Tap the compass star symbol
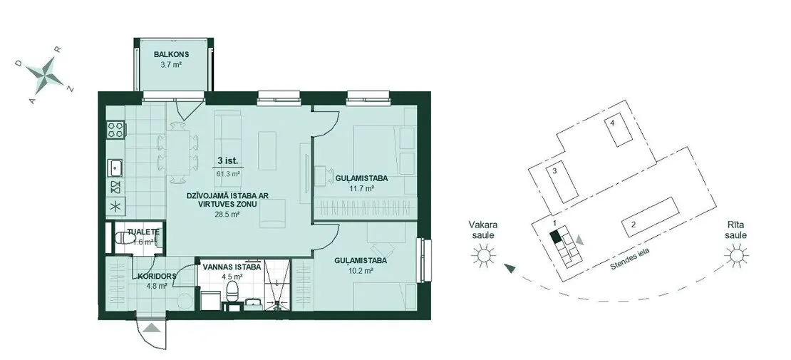(49, 72)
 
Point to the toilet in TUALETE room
(124, 239)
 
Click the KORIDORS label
(156, 276)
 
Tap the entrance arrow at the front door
(152, 329)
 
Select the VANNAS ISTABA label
(231, 267)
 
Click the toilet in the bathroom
(232, 292)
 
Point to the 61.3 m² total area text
(228, 173)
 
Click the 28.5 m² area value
(227, 214)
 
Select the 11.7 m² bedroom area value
(361, 188)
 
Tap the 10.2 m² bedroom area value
(361, 271)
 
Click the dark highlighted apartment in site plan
(556, 236)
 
